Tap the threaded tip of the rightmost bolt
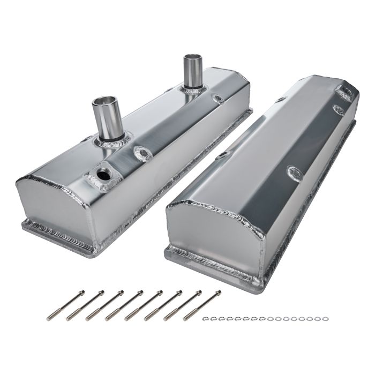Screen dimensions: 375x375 [x=187, y=318]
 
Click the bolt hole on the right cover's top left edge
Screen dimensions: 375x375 [x=281, y=99]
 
